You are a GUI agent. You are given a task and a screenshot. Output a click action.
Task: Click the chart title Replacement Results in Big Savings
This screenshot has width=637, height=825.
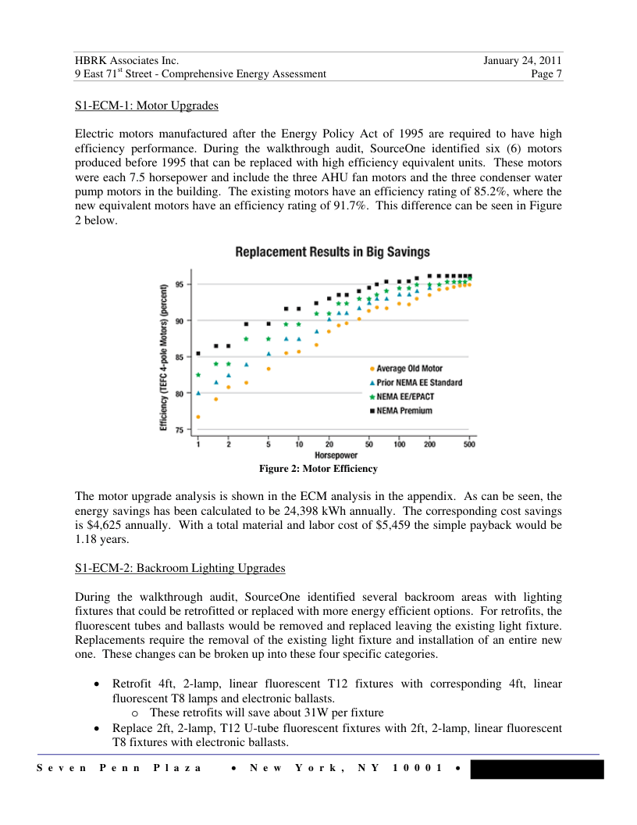click(333, 252)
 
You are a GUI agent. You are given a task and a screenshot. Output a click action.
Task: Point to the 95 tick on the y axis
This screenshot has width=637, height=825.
click(180, 284)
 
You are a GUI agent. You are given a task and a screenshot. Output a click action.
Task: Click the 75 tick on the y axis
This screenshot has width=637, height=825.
click(180, 430)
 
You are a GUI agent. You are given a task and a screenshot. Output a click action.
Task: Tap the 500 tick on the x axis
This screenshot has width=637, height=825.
click(469, 445)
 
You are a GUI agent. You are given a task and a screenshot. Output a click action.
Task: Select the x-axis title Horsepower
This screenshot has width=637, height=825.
click(336, 455)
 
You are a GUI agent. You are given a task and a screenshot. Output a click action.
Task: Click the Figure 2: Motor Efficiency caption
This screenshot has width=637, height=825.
click(318, 469)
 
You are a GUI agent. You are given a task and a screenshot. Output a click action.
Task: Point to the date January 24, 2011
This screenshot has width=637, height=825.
click(522, 60)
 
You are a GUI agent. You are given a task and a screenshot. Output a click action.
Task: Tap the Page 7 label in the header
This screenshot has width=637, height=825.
click(546, 74)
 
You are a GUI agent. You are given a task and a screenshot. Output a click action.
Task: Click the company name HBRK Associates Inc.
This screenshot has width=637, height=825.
click(127, 60)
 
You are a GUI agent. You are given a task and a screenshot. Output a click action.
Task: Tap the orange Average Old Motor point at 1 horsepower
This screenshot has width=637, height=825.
click(198, 416)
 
